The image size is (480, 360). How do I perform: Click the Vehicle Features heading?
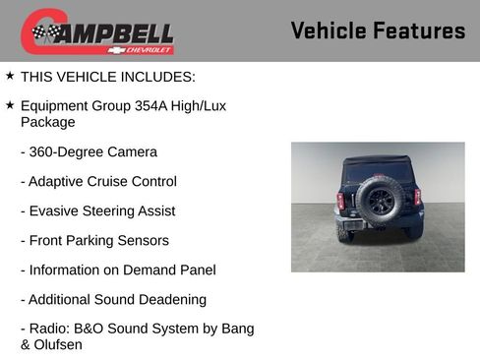pyautogui.click(x=378, y=30)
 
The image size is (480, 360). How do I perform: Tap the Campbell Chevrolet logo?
pyautogui.click(x=97, y=32)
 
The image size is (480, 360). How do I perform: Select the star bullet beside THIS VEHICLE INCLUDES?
pyautogui.click(x=10, y=75)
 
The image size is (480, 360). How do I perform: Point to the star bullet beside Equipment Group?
pyautogui.click(x=10, y=104)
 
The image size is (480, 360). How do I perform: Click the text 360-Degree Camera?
pyautogui.click(x=89, y=152)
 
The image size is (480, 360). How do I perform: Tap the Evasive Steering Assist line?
pyautogui.click(x=97, y=211)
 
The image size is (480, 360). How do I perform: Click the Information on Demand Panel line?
pyautogui.click(x=118, y=270)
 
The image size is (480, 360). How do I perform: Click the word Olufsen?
pyautogui.click(x=57, y=345)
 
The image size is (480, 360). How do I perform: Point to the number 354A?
pyautogui.click(x=140, y=105)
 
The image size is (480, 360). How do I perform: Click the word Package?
pyautogui.click(x=48, y=123)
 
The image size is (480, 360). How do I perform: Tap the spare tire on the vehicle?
pyautogui.click(x=379, y=201)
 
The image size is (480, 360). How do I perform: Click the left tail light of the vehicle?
pyautogui.click(x=341, y=200)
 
